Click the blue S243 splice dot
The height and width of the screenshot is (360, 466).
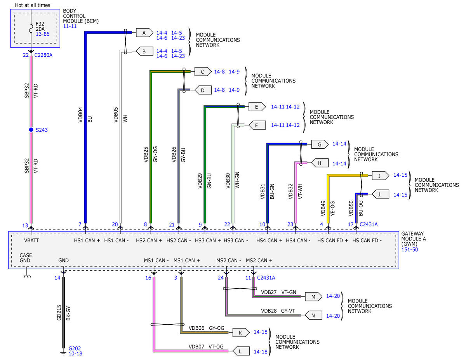31,130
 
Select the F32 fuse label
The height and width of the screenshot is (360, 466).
40,24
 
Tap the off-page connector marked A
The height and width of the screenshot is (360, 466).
144,33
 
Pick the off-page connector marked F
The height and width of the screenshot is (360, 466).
257,125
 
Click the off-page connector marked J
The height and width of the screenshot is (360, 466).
380,194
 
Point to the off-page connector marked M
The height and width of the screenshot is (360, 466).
313,297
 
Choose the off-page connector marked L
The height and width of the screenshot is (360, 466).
241,351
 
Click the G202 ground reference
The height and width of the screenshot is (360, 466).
75,348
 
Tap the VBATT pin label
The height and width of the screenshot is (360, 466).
31,240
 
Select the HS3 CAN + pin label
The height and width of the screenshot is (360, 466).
208,240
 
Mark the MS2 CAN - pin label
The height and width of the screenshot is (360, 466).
229,261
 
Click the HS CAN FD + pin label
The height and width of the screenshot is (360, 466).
333,240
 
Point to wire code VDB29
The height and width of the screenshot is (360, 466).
200,181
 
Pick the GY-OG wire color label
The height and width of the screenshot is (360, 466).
217,328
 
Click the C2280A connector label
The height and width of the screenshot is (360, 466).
43,55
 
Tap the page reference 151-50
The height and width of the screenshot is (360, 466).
410,250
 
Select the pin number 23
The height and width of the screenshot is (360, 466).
290,224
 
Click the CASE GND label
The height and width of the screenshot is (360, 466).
26,258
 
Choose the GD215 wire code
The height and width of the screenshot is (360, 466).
59,313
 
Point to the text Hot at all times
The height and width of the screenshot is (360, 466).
32,5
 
